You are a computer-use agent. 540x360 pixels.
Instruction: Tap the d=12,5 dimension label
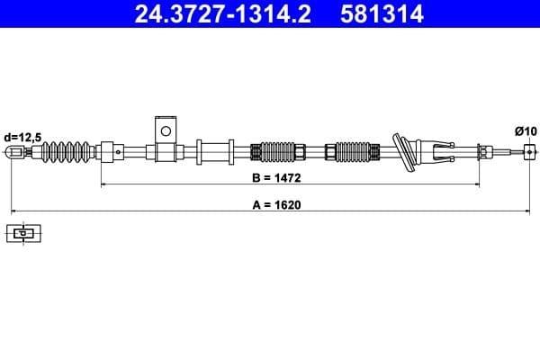22,136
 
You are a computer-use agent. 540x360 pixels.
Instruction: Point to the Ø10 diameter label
526,131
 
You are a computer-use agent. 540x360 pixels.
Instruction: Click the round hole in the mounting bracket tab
164,130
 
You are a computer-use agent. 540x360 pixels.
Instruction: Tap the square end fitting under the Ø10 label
529,152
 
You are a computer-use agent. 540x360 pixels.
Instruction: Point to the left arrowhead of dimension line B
103,184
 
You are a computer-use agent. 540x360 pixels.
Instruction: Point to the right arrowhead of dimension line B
476,184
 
